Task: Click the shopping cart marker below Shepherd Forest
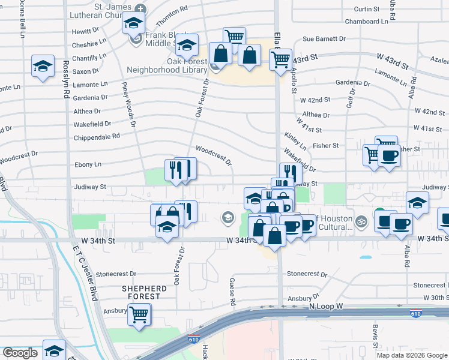tap(139, 313)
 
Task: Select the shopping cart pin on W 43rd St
tap(280, 59)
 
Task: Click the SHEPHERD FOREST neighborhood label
tap(142, 292)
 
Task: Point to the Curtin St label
tap(367, 9)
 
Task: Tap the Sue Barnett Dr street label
tap(324, 39)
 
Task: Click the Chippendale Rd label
tap(97, 136)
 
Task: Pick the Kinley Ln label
tap(296, 142)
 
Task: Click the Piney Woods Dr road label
tap(129, 104)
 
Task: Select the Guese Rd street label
tap(232, 290)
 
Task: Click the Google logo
tap(20, 353)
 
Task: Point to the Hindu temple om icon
tap(361, 221)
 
